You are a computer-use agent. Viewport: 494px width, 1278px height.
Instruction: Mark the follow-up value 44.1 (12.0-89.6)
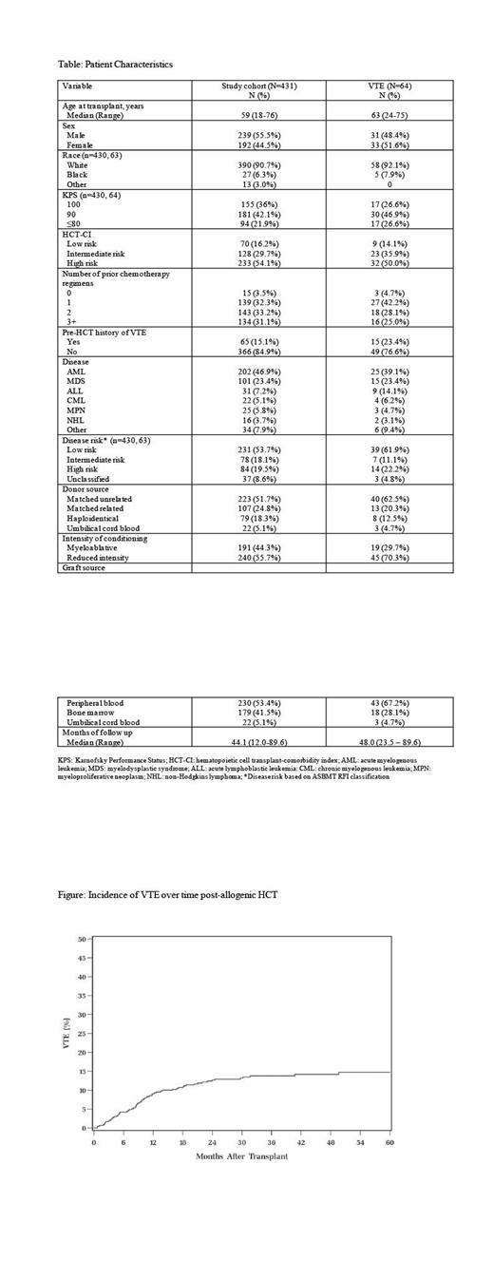click(258, 742)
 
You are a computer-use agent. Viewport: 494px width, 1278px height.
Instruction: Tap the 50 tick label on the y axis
click(84, 940)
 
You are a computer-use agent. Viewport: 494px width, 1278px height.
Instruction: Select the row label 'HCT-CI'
click(77, 233)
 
